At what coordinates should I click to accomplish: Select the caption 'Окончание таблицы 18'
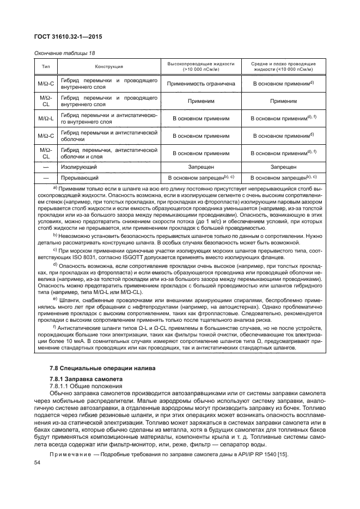point(62,53)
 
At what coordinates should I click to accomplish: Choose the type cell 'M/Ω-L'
point(46,118)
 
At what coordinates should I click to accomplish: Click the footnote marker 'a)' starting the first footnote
point(55,187)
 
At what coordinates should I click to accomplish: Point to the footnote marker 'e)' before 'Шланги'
point(54,299)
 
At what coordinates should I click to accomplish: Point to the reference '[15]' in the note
point(280,455)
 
